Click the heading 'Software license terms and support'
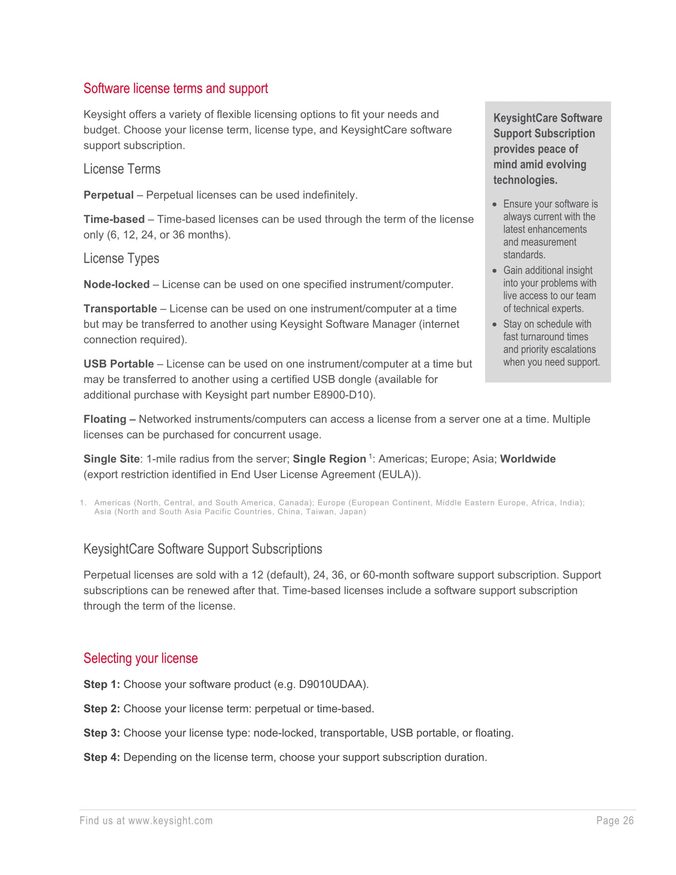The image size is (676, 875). (x=175, y=88)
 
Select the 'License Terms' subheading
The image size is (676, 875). (x=122, y=169)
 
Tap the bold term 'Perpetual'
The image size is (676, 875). (x=108, y=195)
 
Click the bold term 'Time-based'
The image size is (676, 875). (x=114, y=219)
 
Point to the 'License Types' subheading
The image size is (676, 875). (x=121, y=259)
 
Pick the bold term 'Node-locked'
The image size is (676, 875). (x=117, y=285)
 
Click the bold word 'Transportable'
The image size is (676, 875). (x=120, y=309)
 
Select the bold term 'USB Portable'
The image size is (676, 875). (x=119, y=364)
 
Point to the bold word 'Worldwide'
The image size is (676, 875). (x=528, y=459)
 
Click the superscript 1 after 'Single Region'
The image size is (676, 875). (x=370, y=456)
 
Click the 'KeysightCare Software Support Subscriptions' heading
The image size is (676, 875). (x=203, y=549)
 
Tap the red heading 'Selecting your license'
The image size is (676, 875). (x=140, y=658)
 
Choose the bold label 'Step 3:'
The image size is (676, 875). (x=102, y=733)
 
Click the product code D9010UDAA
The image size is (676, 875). (x=332, y=684)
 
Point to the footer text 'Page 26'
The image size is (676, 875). (x=615, y=821)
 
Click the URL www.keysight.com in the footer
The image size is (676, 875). (x=170, y=821)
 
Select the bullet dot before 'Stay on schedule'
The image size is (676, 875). (x=495, y=324)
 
